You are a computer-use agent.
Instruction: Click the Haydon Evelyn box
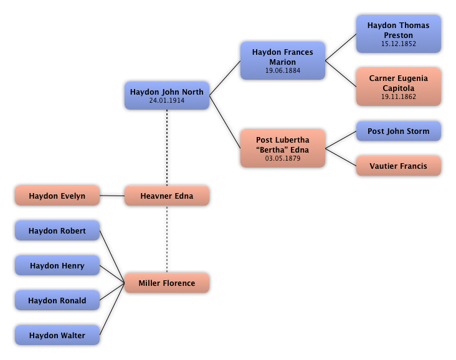[x=57, y=196]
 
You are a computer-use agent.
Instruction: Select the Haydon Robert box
[x=57, y=230]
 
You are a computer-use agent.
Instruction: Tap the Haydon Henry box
[x=57, y=265]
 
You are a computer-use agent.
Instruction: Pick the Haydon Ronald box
[x=57, y=300]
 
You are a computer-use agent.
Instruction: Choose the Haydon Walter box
[x=57, y=335]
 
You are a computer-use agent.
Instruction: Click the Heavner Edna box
[x=167, y=196]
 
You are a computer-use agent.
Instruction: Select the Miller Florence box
[x=167, y=283]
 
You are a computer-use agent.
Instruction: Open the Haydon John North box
[x=167, y=95]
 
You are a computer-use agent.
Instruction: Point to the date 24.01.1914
[x=167, y=100]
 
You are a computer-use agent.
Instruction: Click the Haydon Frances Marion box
[x=283, y=60]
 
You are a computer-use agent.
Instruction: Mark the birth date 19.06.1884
[x=283, y=71]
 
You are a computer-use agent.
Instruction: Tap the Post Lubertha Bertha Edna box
[x=283, y=148]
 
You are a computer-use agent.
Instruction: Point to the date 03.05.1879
[x=283, y=159]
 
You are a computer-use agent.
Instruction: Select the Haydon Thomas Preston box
[x=399, y=34]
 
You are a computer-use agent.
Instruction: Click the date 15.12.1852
[x=399, y=44]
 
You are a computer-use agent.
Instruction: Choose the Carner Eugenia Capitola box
[x=399, y=87]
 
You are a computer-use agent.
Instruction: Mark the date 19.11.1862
[x=399, y=97]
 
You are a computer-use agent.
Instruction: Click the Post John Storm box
[x=399, y=131]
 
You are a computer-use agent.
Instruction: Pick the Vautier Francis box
[x=399, y=166]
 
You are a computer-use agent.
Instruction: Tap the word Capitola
[x=399, y=88]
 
